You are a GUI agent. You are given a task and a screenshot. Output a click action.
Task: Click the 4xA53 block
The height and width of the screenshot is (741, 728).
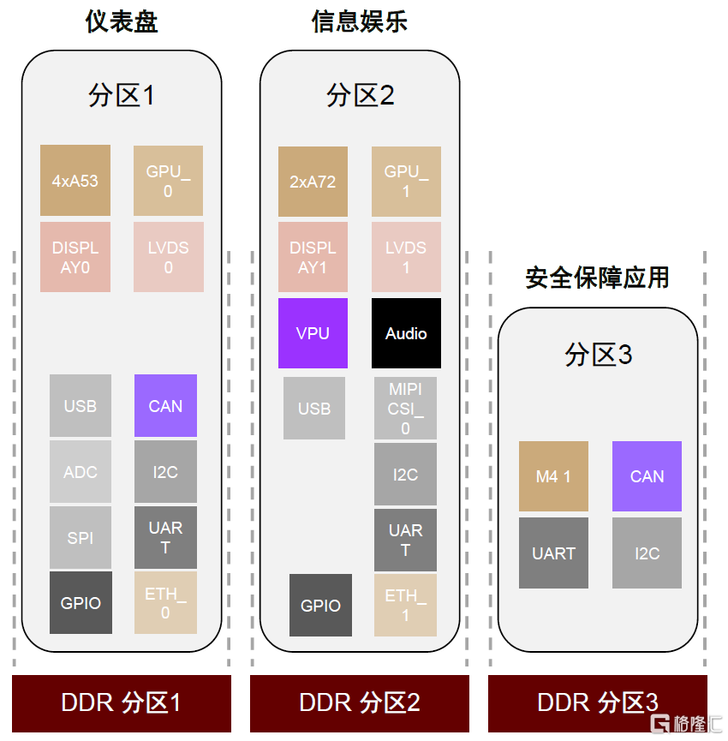pyautogui.click(x=75, y=181)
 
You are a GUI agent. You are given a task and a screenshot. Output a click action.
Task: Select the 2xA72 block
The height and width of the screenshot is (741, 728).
pyautogui.click(x=313, y=182)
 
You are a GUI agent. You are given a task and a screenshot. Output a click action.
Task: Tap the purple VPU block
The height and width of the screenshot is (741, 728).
pyautogui.click(x=313, y=333)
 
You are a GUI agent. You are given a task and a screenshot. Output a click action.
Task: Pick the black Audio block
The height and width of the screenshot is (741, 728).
pyautogui.click(x=406, y=333)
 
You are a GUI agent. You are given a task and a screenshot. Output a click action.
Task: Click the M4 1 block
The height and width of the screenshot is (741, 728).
pyautogui.click(x=553, y=477)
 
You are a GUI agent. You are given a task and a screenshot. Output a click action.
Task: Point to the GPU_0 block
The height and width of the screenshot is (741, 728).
pyautogui.click(x=168, y=181)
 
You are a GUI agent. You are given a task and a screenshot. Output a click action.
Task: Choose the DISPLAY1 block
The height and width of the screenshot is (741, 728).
pyautogui.click(x=313, y=257)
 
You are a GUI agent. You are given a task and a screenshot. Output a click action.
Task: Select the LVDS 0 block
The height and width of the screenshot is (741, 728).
pyautogui.click(x=168, y=257)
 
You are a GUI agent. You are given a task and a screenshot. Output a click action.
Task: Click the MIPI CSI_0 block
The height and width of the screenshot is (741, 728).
pyautogui.click(x=406, y=409)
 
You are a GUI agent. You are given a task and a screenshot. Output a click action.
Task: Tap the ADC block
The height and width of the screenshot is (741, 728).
pyautogui.click(x=81, y=472)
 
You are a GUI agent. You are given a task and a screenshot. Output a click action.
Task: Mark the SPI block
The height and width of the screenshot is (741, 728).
pyautogui.click(x=81, y=538)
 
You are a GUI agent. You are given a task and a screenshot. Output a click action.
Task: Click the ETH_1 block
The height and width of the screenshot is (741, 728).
pyautogui.click(x=406, y=605)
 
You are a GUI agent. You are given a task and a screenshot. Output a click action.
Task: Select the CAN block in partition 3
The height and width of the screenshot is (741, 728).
pyautogui.click(x=647, y=477)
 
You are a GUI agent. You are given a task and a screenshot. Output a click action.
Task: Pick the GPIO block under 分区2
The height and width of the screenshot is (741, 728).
pyautogui.click(x=320, y=606)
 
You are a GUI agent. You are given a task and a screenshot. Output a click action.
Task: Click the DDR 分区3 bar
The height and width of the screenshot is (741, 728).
pyautogui.click(x=597, y=703)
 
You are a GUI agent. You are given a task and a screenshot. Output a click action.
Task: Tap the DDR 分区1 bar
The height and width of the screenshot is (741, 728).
pyautogui.click(x=122, y=703)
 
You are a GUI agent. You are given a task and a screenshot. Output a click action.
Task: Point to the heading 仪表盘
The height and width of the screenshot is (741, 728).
pyautogui.click(x=122, y=21)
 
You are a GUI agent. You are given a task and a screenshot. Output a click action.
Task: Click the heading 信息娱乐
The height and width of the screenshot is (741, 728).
pyautogui.click(x=359, y=21)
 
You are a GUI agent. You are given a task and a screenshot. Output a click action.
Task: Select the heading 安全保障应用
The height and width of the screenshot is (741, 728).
pyautogui.click(x=597, y=278)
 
